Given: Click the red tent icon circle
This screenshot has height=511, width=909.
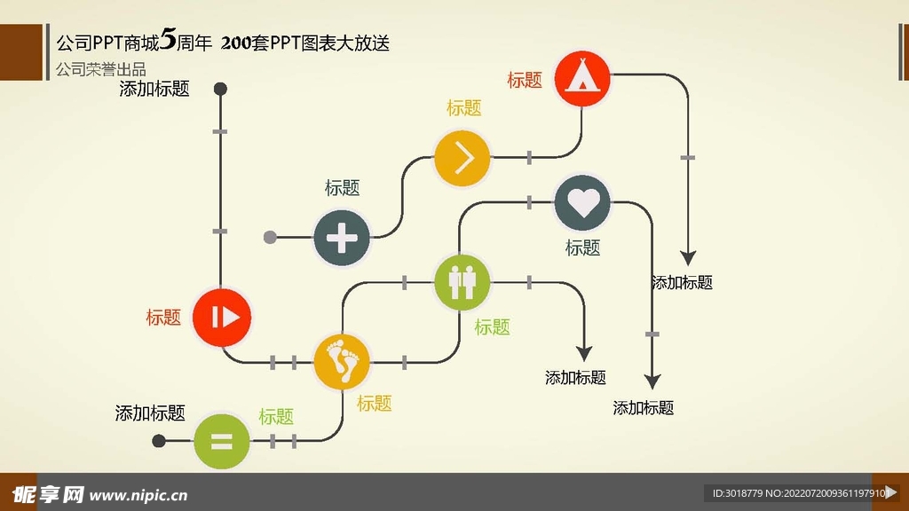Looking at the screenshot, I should (x=582, y=78).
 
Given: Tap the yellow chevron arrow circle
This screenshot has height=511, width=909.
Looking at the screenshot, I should (x=462, y=158).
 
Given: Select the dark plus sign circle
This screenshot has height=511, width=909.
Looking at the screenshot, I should (x=342, y=238).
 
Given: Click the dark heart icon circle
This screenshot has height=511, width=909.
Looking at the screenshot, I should (x=582, y=202).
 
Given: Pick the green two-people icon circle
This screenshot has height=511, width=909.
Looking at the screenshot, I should (x=462, y=282).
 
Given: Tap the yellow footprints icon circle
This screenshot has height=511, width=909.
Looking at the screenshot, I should (x=342, y=362).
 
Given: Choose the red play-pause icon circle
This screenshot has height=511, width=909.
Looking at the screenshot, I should (x=222, y=317).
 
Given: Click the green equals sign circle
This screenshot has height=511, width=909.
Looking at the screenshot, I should (x=221, y=441).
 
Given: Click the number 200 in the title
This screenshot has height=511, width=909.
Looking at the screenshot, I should (x=235, y=43).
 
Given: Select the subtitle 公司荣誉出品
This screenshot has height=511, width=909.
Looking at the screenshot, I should (x=100, y=69).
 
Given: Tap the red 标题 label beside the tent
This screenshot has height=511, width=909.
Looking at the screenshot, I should (x=525, y=80).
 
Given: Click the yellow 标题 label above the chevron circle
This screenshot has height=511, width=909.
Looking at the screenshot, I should (x=463, y=108).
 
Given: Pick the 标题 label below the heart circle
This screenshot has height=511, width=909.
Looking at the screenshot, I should (x=582, y=248).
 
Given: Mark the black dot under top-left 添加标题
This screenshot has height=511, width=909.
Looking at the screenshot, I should (x=221, y=89).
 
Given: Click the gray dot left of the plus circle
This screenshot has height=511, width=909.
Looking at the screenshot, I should (x=271, y=238).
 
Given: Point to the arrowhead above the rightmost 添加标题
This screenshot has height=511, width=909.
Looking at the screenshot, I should (x=687, y=257).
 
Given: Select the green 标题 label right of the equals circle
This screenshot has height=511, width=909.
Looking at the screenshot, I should (x=276, y=417).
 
